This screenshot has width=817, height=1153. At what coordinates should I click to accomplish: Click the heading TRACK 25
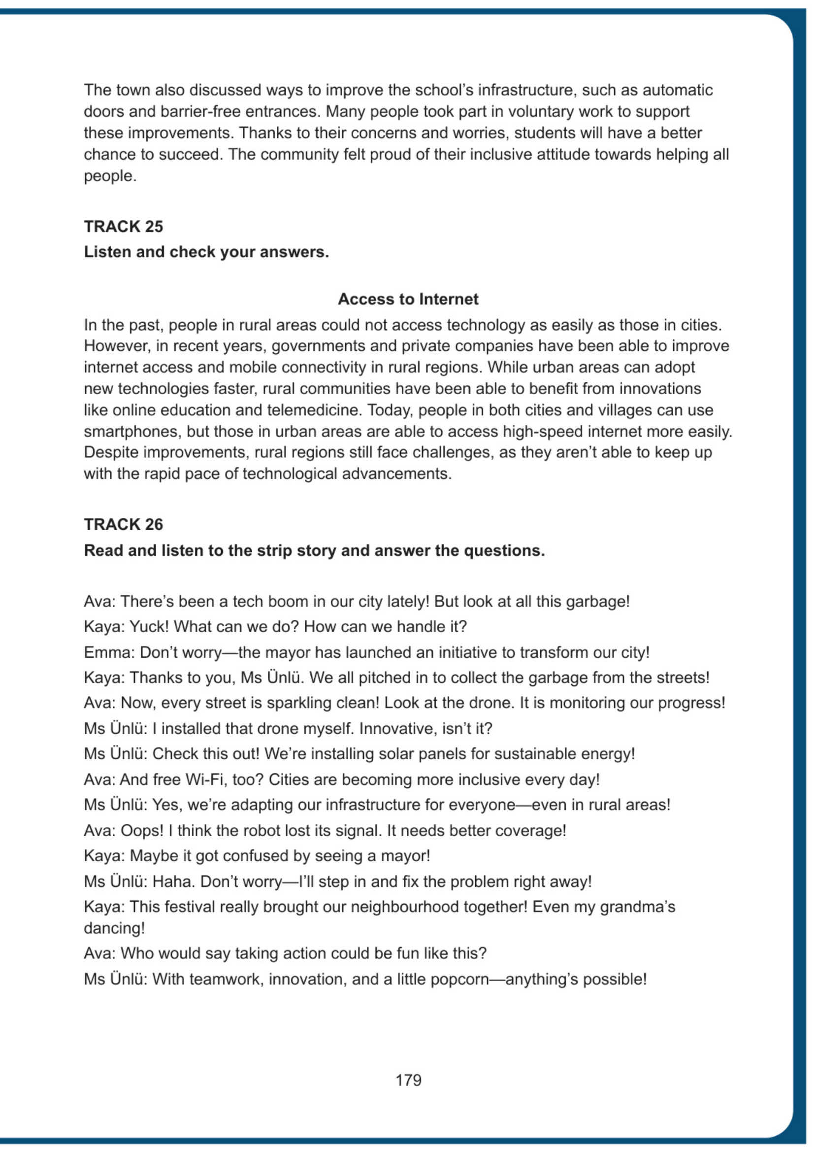123,227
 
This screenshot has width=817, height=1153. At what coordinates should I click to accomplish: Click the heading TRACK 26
123,524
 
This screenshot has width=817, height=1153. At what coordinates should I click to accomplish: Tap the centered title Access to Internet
408,299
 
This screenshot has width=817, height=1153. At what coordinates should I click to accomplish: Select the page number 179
408,1080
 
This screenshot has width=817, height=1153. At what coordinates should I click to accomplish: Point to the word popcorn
462,979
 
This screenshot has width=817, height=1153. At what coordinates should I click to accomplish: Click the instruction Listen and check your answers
206,252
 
